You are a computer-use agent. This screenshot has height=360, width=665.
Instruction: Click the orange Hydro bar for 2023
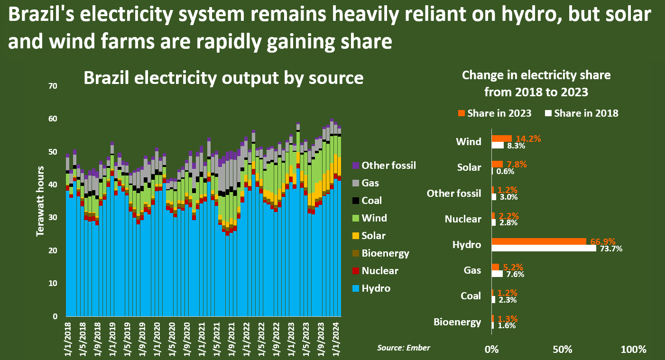[539, 241]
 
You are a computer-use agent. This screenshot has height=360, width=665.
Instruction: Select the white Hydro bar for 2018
[544, 248]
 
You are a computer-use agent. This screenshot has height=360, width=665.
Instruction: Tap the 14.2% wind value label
[528, 138]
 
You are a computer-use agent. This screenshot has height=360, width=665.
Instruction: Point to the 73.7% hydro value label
[610, 249]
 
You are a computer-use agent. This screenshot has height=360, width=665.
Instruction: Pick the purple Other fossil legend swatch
[356, 166]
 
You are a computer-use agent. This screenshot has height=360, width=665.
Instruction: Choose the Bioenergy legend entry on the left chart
[385, 253]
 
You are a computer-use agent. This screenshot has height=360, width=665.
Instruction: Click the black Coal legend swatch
[356, 201]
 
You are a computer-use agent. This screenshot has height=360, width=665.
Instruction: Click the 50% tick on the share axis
[562, 350]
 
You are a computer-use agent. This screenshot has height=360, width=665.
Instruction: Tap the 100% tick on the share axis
[633, 350]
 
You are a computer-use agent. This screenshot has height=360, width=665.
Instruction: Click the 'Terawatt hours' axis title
[41, 201]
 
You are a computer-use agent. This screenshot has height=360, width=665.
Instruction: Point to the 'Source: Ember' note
[404, 348]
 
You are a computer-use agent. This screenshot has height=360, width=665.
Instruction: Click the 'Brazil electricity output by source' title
[223, 78]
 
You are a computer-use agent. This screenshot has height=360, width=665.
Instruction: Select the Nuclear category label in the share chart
[463, 219]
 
